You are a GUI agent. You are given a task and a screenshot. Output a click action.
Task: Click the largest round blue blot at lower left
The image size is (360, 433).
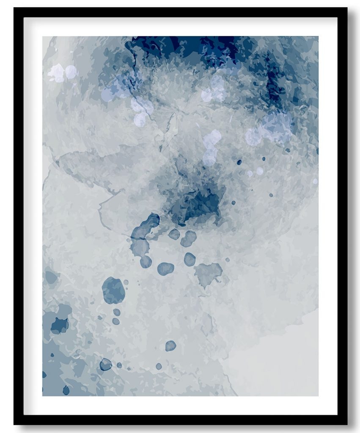(113, 290)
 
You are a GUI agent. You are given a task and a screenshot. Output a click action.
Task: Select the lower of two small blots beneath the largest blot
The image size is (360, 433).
(115, 321)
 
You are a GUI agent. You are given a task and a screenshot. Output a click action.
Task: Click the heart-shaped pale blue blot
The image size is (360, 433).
(208, 273)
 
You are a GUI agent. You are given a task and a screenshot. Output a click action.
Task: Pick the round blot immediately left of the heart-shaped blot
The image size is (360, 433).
(190, 259)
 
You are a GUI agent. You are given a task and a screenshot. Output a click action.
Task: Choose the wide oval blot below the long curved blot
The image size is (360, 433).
(165, 269)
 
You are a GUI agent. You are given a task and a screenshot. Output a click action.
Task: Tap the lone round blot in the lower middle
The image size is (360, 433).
(170, 346)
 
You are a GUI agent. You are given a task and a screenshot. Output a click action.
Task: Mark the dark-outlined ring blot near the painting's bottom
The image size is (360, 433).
(105, 364)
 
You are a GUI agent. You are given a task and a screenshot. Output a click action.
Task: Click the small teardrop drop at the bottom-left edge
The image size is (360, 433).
(66, 390)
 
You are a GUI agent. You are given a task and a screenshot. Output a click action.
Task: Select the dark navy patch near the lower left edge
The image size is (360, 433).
(59, 325)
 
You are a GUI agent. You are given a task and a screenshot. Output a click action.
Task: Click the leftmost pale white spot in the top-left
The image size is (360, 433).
(56, 73)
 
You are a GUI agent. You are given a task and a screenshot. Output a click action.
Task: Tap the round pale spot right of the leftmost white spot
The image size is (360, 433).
(71, 72)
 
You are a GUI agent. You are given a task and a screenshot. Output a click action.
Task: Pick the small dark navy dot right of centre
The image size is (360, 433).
(239, 162)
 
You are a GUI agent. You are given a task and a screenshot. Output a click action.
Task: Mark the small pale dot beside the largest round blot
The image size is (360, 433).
(126, 282)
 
